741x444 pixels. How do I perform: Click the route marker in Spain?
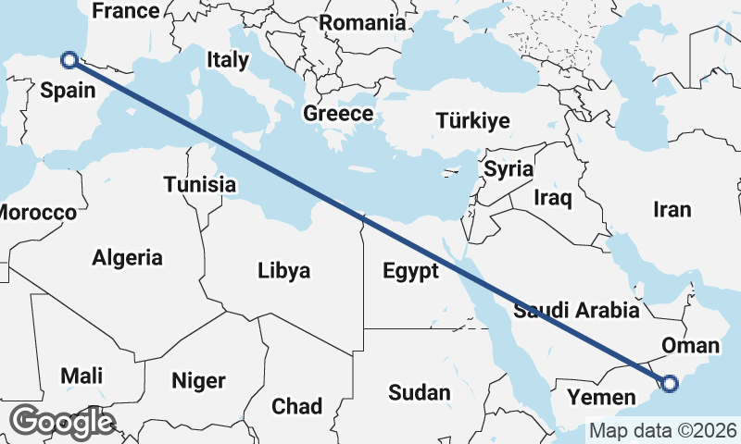pyautogui.click(x=69, y=60)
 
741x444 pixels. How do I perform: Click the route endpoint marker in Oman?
pyautogui.click(x=670, y=383)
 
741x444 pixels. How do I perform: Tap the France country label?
pyautogui.click(x=126, y=11)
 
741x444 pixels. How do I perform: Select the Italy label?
pyautogui.click(x=228, y=60)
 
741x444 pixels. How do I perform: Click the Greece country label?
pyautogui.click(x=338, y=114)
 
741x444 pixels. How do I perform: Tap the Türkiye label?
pyautogui.click(x=473, y=121)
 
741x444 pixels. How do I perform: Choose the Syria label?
pyautogui.click(x=509, y=169)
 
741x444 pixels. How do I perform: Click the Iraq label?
pyautogui.click(x=553, y=197)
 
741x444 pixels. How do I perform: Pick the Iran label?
pyautogui.click(x=672, y=210)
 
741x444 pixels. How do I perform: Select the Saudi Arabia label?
pyautogui.click(x=577, y=310)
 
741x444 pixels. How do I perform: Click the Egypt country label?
pyautogui.click(x=410, y=272)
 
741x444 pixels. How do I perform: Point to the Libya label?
pyautogui.click(x=284, y=271)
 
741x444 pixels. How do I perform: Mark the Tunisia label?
pyautogui.click(x=200, y=185)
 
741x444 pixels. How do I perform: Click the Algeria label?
pyautogui.click(x=127, y=258)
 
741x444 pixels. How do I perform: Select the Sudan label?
pyautogui.click(x=419, y=393)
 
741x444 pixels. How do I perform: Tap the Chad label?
pyautogui.click(x=296, y=406)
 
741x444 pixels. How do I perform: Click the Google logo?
pyautogui.click(x=62, y=422)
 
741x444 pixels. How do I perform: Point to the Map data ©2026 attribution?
pyautogui.click(x=662, y=430)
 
